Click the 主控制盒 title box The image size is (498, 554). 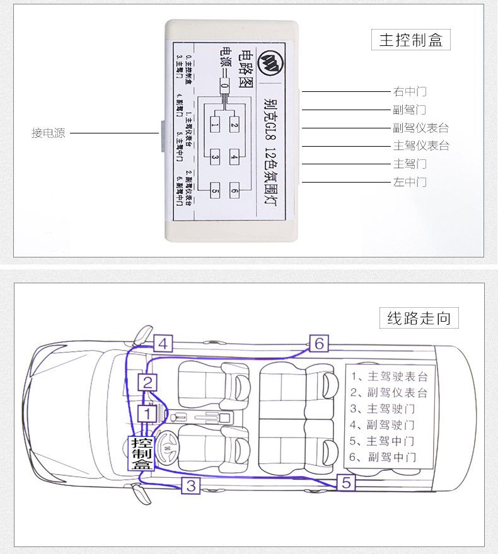411,41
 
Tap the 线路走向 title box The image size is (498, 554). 419,318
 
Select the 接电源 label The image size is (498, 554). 49,133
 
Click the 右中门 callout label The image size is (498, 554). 410,91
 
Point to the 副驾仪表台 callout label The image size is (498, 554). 420,128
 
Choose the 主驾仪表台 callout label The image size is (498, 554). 420,146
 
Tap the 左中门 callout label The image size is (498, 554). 410,183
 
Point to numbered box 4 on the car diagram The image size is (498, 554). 163,344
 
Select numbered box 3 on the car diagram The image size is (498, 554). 192,485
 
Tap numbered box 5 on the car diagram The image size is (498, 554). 346,483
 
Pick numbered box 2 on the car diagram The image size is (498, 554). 148,382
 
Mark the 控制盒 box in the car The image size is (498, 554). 142,453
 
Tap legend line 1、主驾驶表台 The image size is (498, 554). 388,376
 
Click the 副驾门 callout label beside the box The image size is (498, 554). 410,110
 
